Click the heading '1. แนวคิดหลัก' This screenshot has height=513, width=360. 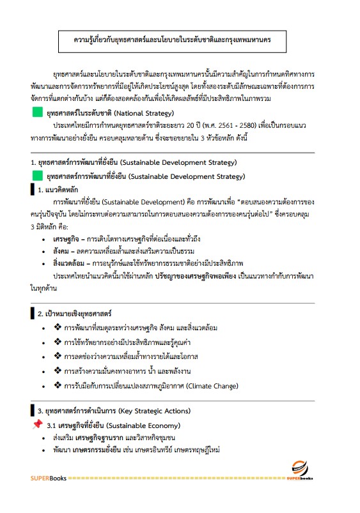click(61, 189)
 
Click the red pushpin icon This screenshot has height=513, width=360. click(37, 424)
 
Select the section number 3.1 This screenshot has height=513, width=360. click(52, 425)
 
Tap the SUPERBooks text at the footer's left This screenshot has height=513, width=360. click(48, 478)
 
